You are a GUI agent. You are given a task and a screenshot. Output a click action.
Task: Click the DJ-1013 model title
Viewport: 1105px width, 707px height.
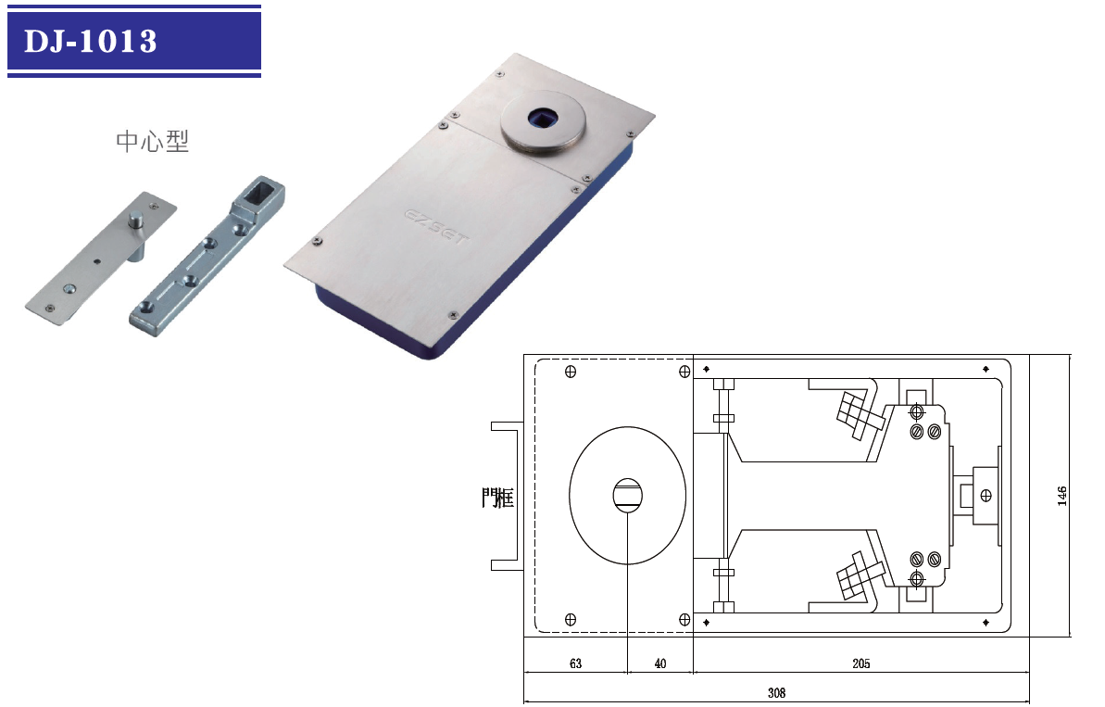click(x=90, y=41)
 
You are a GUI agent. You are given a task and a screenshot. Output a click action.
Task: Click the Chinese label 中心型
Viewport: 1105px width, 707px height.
click(x=152, y=141)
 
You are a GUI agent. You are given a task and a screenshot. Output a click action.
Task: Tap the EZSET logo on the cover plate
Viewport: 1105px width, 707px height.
click(x=435, y=225)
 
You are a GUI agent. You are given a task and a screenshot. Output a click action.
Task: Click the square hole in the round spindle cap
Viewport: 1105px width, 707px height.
click(x=542, y=117)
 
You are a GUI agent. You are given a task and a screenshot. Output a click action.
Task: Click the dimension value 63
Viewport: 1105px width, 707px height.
click(x=576, y=663)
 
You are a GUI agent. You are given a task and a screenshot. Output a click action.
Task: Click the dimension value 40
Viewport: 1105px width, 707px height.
click(x=660, y=663)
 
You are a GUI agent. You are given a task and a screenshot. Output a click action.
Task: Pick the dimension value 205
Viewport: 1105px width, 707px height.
click(x=861, y=663)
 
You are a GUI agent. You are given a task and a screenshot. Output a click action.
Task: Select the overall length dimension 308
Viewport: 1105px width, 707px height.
click(x=776, y=693)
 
